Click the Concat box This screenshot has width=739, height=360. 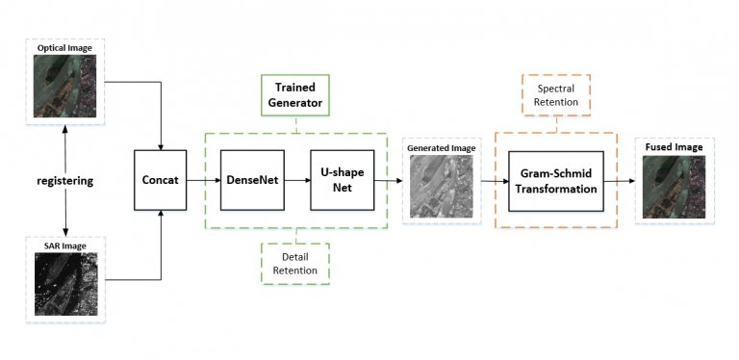[x=161, y=180]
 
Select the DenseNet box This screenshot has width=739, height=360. [x=252, y=180]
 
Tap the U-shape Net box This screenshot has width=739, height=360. [x=343, y=180]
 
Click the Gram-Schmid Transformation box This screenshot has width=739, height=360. [x=556, y=181]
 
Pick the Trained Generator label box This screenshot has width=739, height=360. [x=295, y=95]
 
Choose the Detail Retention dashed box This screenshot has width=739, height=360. [x=295, y=264]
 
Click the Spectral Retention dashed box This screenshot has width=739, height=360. [x=556, y=95]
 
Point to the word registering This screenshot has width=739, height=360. [x=65, y=181]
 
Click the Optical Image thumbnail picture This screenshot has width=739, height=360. [x=64, y=86]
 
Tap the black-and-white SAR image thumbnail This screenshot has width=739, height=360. [x=66, y=284]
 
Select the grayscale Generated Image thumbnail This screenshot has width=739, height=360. [x=441, y=186]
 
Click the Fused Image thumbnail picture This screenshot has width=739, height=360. [x=675, y=187]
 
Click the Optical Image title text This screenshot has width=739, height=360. [x=64, y=47]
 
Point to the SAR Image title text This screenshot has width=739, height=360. [x=66, y=245]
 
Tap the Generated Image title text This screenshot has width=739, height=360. [x=441, y=148]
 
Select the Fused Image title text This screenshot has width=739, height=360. [x=675, y=147]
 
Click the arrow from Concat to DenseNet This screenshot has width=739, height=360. [x=204, y=180]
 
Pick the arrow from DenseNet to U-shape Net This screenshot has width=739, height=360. [x=297, y=180]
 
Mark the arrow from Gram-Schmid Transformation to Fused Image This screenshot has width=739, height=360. [x=620, y=181]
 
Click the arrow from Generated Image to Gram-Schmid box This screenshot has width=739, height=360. [x=495, y=181]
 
